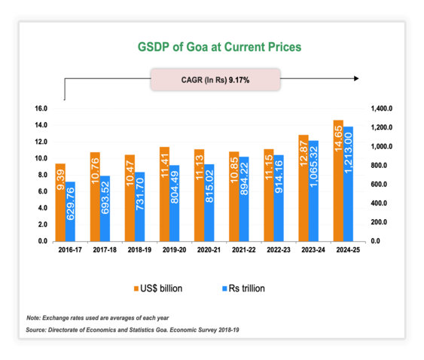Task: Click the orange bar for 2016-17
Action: tap(60, 202)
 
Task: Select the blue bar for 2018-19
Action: tap(140, 206)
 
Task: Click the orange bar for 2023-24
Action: tap(304, 188)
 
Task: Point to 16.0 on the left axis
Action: tap(41, 108)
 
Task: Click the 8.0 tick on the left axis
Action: tap(43, 175)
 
